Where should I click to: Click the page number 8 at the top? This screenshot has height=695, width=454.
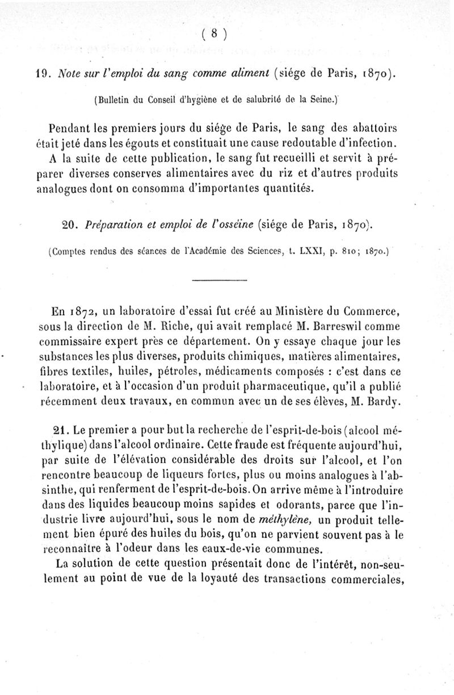(215, 34)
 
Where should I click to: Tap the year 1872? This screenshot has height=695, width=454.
(82, 311)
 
